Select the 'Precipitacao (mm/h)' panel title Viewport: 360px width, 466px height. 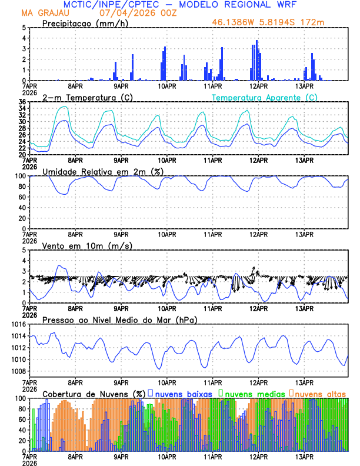(x=84, y=23)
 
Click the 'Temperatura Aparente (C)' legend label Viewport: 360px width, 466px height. (x=265, y=97)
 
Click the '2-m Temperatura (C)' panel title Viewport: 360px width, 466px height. (x=84, y=97)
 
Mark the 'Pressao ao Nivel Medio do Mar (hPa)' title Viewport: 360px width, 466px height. (x=119, y=319)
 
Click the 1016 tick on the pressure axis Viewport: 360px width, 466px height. (x=18, y=324)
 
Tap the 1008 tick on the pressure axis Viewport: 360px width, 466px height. (x=18, y=371)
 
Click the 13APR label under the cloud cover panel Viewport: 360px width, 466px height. (x=304, y=456)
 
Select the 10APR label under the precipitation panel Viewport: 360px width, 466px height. (x=166, y=86)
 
